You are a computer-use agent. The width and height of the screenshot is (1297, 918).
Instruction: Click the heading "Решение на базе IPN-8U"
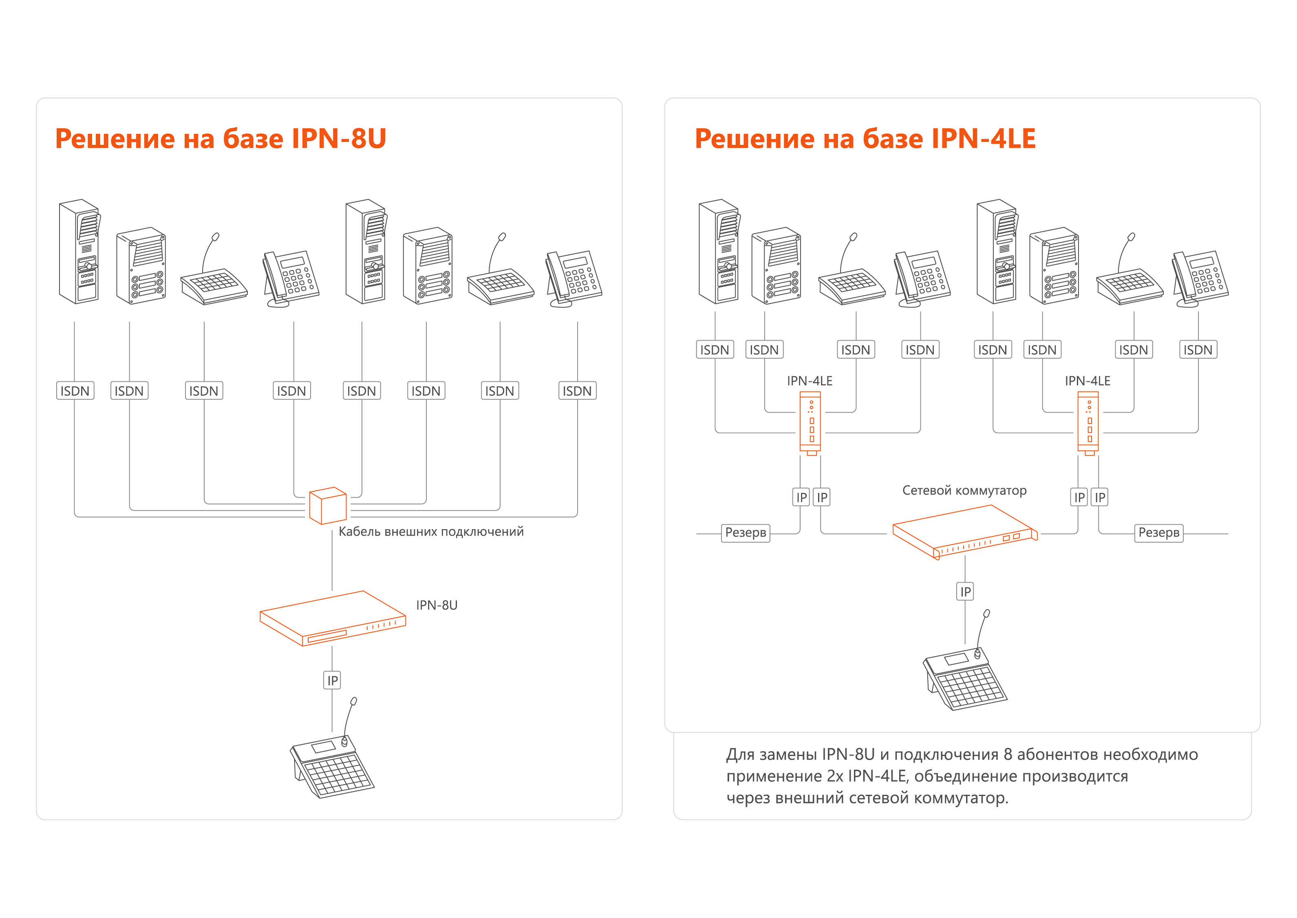pos(220,138)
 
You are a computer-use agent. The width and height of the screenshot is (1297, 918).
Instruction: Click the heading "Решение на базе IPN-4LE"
pos(865,138)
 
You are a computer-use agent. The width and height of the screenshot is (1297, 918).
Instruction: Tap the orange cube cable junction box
pos(328,506)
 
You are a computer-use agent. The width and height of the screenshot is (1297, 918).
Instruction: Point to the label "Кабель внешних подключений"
pos(431,531)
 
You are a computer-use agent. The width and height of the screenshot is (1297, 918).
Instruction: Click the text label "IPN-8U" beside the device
pos(437,605)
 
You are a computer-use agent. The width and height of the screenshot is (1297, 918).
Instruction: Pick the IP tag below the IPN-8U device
pos(332,681)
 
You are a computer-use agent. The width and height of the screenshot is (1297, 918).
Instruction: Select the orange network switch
pos(965,531)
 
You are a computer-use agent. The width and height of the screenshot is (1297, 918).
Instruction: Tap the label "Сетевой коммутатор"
pos(964,491)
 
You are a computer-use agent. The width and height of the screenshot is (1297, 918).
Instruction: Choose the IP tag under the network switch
pos(965,592)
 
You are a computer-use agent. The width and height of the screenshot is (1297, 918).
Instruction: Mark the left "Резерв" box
pos(746,532)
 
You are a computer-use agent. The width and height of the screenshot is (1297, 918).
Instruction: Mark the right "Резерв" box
pos(1158,532)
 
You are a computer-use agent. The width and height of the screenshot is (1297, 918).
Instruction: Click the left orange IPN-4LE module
pos(811,423)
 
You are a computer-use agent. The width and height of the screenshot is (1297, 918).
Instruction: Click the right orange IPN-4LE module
pos(1089,423)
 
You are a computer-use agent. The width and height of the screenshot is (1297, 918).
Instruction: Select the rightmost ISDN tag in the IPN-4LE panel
pos(1198,350)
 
